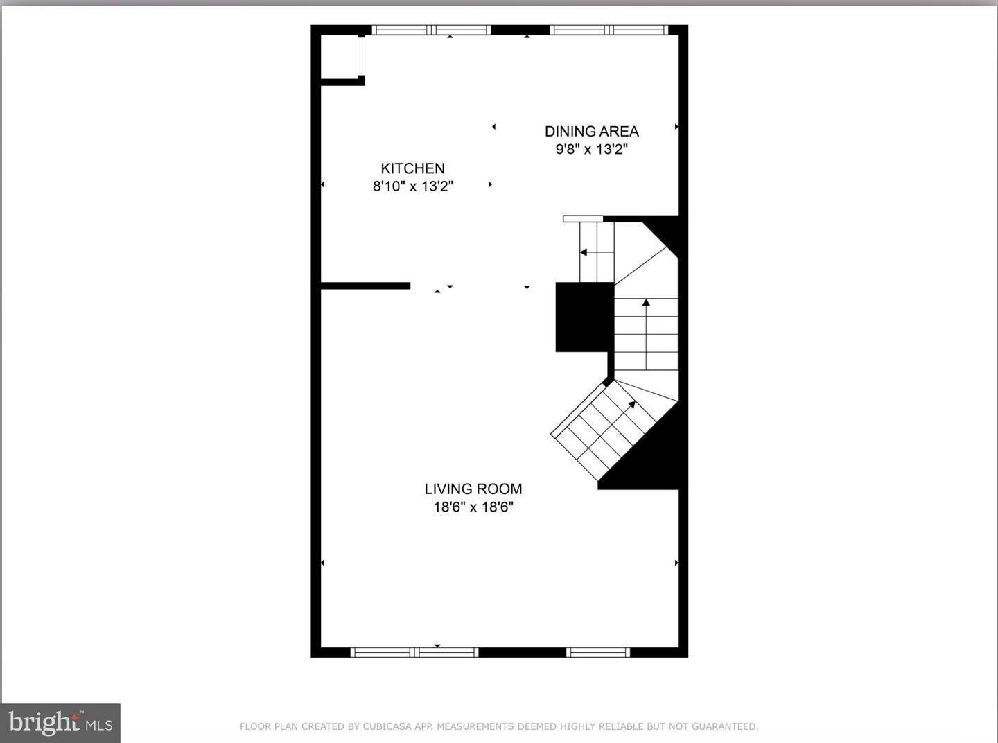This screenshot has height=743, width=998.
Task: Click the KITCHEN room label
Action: [412, 168]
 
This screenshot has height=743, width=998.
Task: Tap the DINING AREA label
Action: [591, 131]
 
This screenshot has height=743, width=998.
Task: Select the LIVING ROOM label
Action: [473, 489]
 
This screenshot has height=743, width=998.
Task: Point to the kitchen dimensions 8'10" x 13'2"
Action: [412, 186]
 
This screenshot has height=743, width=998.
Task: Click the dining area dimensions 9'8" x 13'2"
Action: [591, 149]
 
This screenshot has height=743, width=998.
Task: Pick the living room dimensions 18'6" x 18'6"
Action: [473, 507]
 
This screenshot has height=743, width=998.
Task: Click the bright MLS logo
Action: [60, 723]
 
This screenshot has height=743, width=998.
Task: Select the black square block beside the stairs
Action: [584, 317]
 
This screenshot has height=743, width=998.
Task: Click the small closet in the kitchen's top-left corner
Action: [339, 57]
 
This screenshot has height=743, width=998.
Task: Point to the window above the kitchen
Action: [431, 30]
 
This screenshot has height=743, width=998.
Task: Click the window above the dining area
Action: [609, 30]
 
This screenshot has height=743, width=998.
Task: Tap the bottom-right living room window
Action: [597, 652]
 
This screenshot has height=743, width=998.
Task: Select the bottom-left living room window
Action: [414, 652]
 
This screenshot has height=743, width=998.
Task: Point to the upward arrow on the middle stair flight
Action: [646, 304]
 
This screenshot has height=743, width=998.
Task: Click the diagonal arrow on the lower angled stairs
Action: [631, 405]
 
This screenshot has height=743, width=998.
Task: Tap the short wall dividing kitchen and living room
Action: [365, 286]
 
